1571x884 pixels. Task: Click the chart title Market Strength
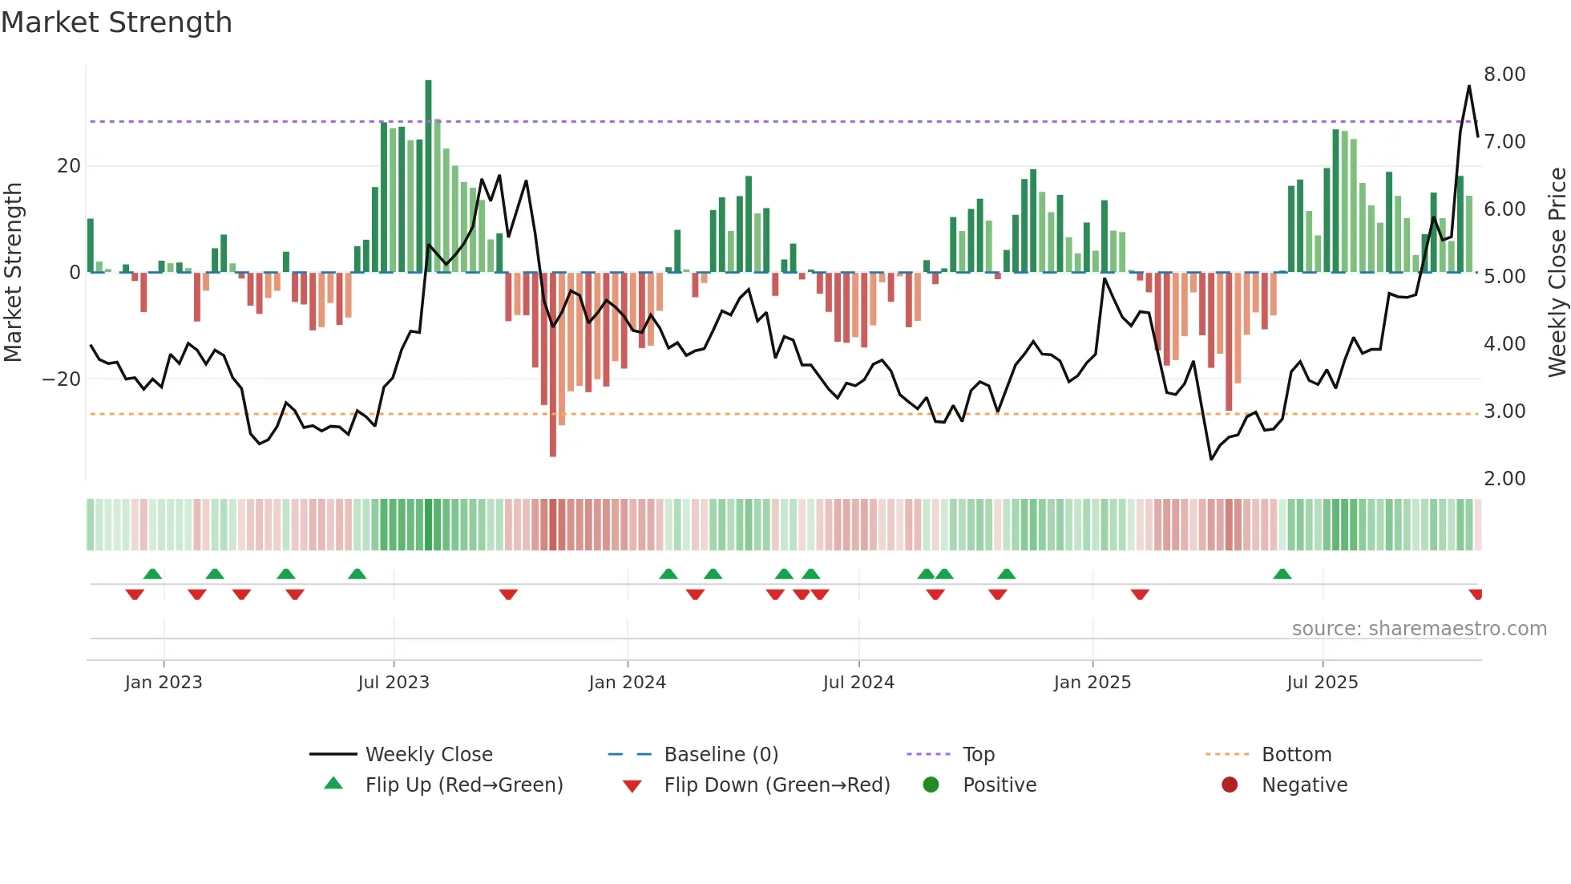point(116,22)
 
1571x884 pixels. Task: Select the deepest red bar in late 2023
point(553,365)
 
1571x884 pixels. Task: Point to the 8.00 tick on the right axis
point(1504,75)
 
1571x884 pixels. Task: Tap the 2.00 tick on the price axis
point(1504,479)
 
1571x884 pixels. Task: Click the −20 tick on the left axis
point(62,379)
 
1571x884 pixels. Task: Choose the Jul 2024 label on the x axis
point(858,683)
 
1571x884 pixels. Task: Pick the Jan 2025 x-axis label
point(1092,683)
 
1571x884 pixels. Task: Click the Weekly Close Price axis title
point(1557,273)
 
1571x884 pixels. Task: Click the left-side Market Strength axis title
point(13,273)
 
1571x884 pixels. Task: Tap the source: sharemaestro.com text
point(1419,629)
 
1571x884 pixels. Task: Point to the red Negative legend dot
point(1229,785)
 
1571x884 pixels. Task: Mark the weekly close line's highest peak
point(1469,87)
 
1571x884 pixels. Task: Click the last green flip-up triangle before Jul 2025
point(1282,574)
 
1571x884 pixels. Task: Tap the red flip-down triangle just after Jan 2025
point(1140,594)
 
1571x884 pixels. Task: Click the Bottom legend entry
point(1295,755)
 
